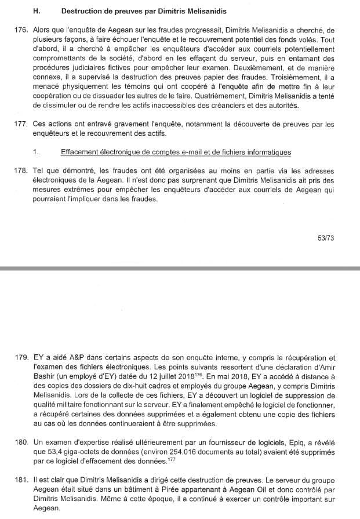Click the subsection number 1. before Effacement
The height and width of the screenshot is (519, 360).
36,153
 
